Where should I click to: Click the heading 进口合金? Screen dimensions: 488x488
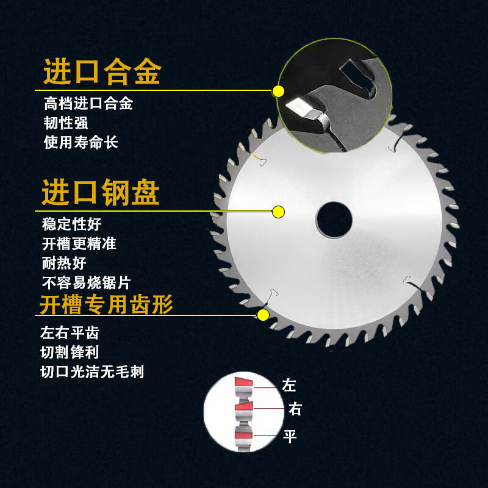coord(101,73)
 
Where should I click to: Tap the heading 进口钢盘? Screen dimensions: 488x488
coord(101,193)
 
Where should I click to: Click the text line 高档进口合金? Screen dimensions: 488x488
coord(88,103)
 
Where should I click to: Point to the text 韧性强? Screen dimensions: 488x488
coord(66,123)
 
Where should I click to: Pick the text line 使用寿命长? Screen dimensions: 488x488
coord(81,142)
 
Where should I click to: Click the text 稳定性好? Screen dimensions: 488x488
coord(72,224)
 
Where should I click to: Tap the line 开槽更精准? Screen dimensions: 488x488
coord(79,243)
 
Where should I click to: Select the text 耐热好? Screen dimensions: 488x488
coord(64,263)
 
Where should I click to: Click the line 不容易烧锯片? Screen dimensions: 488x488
coord(86,282)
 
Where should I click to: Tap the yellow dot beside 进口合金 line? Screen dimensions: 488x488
coord(278,91)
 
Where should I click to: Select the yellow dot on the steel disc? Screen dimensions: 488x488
coord(278,212)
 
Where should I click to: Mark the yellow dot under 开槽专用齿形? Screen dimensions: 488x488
coord(264,315)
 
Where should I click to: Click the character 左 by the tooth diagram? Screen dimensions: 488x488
coord(289,386)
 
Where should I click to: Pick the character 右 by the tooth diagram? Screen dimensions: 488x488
coord(295,409)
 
